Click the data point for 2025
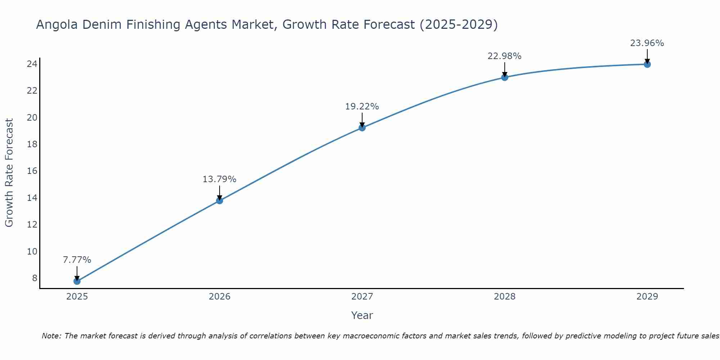pyautogui.click(x=77, y=281)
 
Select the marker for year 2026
pyautogui.click(x=220, y=201)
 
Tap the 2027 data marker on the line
pyautogui.click(x=362, y=127)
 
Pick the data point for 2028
pyautogui.click(x=505, y=77)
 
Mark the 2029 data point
pyautogui.click(x=647, y=64)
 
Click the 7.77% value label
pyautogui.click(x=77, y=260)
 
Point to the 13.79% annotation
pyautogui.click(x=220, y=179)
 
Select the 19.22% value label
pyautogui.click(x=362, y=106)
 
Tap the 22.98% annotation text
pyautogui.click(x=505, y=56)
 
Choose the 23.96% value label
pyautogui.click(x=647, y=43)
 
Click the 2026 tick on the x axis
pyautogui.click(x=220, y=296)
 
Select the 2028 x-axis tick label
pyautogui.click(x=505, y=296)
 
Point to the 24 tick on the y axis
pyautogui.click(x=32, y=64)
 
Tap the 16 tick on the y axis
pyautogui.click(x=32, y=171)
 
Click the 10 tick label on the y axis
pyautogui.click(x=32, y=251)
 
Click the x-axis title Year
pyautogui.click(x=362, y=315)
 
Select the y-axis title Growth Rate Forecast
pyautogui.click(x=9, y=172)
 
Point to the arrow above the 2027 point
pyautogui.click(x=362, y=120)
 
